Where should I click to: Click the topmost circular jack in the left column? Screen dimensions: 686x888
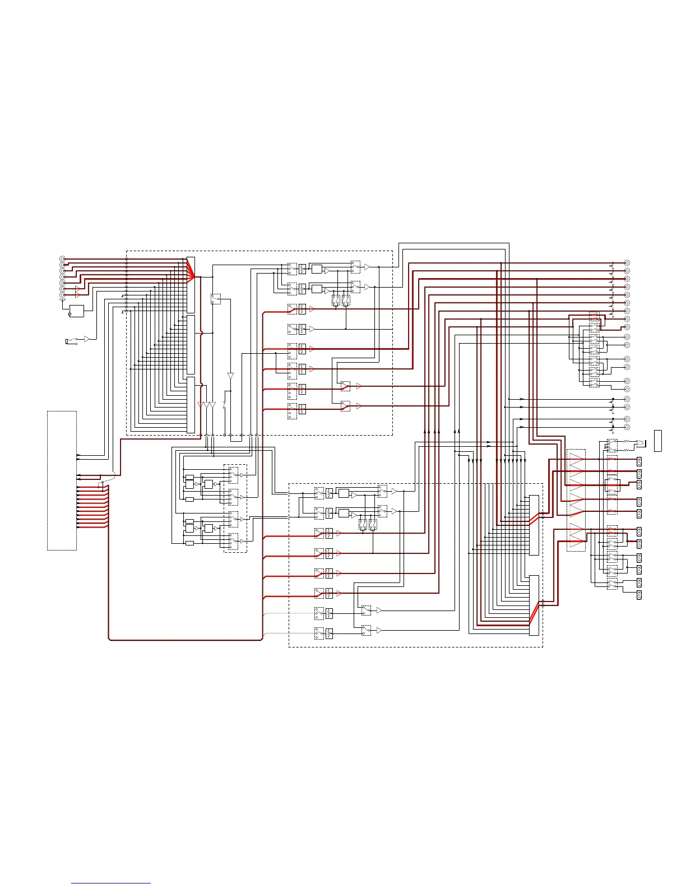click(x=62, y=258)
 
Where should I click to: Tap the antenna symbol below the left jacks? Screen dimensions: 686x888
click(x=62, y=300)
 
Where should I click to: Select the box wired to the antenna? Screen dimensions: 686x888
click(x=76, y=311)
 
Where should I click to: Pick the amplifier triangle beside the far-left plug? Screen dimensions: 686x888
click(x=86, y=339)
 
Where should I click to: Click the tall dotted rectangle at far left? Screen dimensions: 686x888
click(x=62, y=480)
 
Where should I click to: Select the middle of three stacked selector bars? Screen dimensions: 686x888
click(x=191, y=344)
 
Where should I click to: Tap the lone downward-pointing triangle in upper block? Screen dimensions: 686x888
click(x=230, y=375)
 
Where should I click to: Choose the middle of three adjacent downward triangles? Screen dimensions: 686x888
click(x=207, y=405)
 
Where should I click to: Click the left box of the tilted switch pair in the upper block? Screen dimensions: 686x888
click(x=336, y=300)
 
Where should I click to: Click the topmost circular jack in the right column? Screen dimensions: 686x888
click(x=627, y=263)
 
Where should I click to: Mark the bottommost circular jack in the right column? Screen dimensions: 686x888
click(x=627, y=427)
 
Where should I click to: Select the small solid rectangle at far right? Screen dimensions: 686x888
click(x=658, y=440)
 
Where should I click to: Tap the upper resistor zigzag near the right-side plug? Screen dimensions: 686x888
click(x=626, y=442)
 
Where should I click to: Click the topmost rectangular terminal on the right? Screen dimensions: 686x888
click(x=639, y=461)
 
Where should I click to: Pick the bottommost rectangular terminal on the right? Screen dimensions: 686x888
click(x=639, y=594)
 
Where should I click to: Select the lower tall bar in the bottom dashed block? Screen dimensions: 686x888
click(x=534, y=605)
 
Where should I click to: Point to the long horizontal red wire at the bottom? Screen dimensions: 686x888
click(x=185, y=639)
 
